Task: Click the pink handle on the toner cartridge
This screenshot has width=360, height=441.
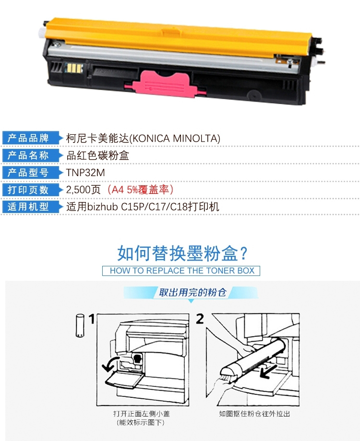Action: coord(166,83)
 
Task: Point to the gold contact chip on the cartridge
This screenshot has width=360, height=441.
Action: coord(74,68)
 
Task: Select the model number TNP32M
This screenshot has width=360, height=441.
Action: coord(85,173)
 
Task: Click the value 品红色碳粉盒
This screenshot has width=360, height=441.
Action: coord(97,155)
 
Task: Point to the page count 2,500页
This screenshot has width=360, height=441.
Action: coord(83,190)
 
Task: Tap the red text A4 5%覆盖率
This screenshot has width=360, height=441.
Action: coord(140,190)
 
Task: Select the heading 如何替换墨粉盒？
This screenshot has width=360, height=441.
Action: coord(182,253)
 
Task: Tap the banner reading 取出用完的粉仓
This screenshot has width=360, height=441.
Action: coord(192,293)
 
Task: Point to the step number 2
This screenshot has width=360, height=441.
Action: coord(200,319)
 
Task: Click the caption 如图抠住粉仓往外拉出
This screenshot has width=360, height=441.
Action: coord(254,414)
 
